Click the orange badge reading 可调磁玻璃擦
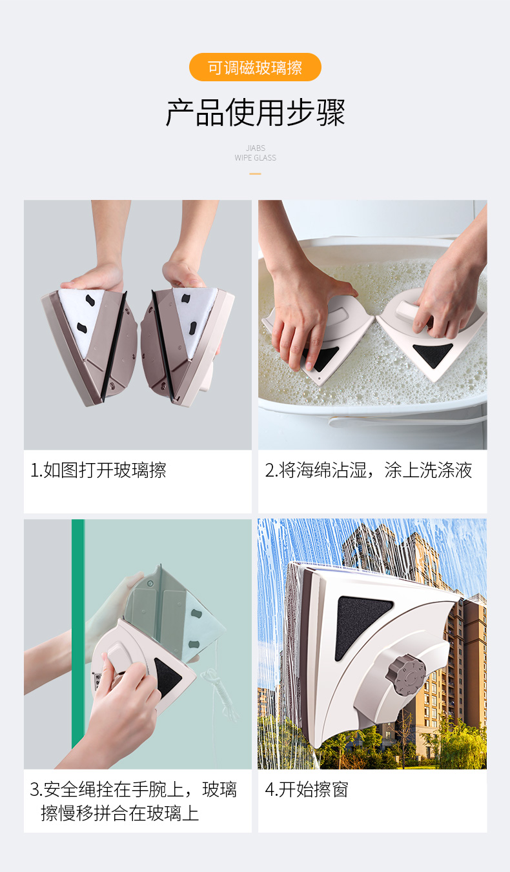(x=255, y=67)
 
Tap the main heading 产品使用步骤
(x=255, y=113)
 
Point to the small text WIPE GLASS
(x=255, y=157)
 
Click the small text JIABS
(x=256, y=148)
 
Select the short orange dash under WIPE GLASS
(x=255, y=173)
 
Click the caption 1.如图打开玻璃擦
(x=98, y=470)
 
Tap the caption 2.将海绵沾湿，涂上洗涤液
(x=369, y=470)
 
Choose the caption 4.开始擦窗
(x=307, y=789)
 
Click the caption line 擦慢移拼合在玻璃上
(x=119, y=813)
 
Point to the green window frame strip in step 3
(x=78, y=633)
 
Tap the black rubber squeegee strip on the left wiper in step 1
(x=114, y=346)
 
